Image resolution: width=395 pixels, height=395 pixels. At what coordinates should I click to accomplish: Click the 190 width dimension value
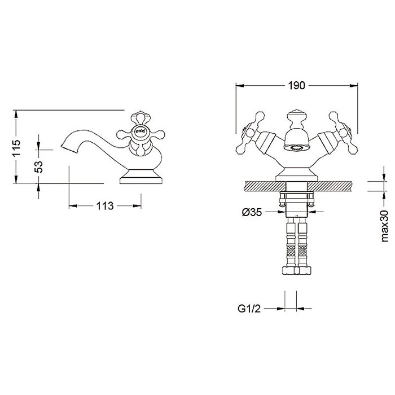[x=296, y=86]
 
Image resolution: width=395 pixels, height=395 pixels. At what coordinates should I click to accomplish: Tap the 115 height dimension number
[x=16, y=148]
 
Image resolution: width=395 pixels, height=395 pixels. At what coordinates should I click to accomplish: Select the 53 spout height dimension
[x=38, y=167]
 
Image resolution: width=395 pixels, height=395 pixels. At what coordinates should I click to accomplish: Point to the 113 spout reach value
[x=105, y=206]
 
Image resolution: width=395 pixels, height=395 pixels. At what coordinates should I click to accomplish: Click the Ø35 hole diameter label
[x=252, y=212]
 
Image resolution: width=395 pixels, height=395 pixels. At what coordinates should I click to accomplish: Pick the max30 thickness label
[x=385, y=226]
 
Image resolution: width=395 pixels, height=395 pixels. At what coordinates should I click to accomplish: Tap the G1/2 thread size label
[x=249, y=308]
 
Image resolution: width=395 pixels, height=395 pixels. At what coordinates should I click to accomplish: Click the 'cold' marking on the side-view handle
[x=141, y=131]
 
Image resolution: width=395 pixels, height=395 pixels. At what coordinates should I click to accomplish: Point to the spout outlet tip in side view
[x=62, y=146]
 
